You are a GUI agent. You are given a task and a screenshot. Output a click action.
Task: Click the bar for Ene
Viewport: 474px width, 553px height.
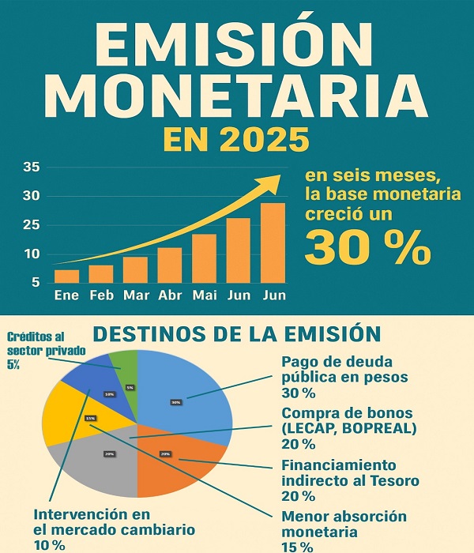(x=66, y=276)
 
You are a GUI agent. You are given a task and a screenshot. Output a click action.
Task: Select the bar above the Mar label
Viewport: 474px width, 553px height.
(x=135, y=269)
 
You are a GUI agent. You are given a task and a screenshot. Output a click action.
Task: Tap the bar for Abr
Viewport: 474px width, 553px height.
(x=169, y=265)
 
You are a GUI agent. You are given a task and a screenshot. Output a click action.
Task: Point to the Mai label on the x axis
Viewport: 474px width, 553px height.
(x=204, y=295)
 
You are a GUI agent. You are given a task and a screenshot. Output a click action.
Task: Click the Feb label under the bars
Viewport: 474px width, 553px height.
(x=100, y=295)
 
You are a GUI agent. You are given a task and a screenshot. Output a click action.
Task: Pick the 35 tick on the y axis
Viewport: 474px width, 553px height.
(x=32, y=167)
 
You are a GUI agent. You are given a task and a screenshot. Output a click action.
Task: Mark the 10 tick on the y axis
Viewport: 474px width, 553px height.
(x=32, y=254)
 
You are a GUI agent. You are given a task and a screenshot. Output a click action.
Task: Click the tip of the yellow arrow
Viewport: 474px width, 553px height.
(x=278, y=177)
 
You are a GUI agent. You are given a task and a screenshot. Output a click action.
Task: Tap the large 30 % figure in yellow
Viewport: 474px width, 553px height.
(x=367, y=247)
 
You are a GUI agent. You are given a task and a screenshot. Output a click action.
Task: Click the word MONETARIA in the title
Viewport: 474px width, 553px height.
(x=237, y=92)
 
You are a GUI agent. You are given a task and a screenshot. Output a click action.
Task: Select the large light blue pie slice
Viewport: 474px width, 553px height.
(x=186, y=395)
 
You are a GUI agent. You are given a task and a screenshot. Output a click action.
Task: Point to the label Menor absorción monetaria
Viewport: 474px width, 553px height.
(x=344, y=525)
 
